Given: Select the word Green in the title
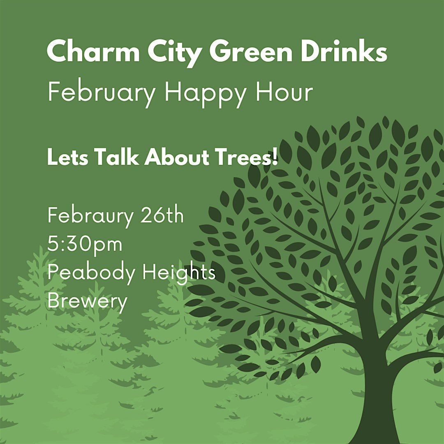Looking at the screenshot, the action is coord(251,51).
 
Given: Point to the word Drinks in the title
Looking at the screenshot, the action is coord(344,51).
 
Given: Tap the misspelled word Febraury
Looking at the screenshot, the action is coord(90,217).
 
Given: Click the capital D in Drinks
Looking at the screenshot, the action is coord(312,51).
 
